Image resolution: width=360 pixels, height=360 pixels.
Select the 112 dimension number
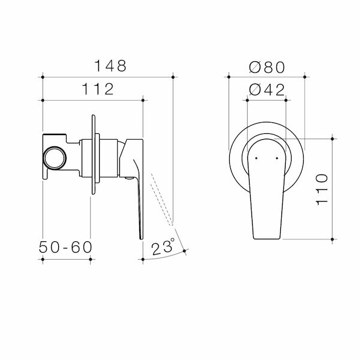[95, 89]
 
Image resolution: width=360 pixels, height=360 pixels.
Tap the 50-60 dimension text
[65, 246]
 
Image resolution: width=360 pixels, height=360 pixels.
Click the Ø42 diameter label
[266, 89]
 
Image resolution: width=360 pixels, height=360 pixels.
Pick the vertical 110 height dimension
[322, 188]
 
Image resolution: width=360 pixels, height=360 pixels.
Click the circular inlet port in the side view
[55, 157]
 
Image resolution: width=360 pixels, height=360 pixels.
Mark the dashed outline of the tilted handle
[162, 201]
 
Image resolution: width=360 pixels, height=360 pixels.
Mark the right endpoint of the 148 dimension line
[173, 77]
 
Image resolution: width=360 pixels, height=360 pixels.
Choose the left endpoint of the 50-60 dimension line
[43, 259]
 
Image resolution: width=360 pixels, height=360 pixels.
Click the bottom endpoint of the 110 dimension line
[334, 239]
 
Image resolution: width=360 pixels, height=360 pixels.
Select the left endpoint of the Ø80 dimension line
[229, 77]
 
